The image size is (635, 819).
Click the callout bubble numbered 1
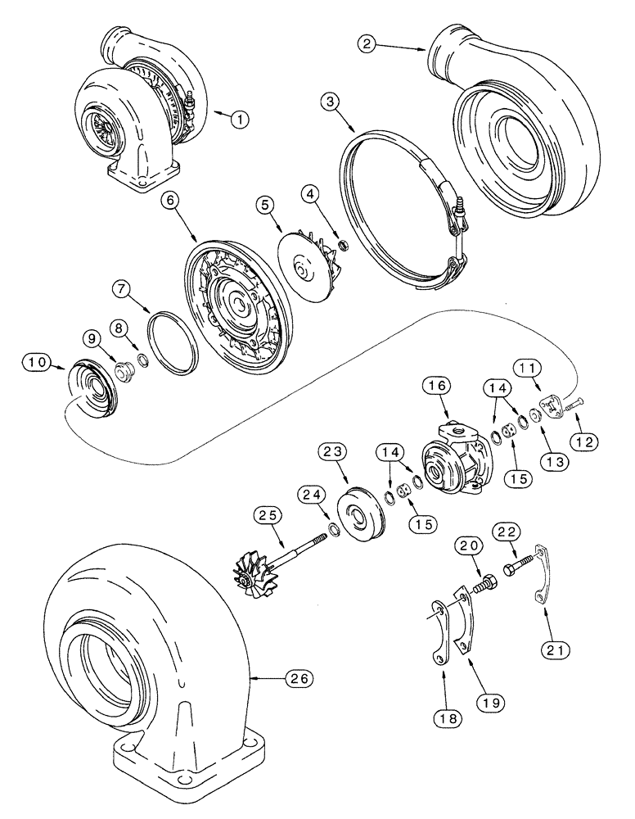[x=239, y=120]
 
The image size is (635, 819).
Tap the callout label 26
[x=297, y=678]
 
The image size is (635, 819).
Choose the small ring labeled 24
[x=334, y=527]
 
